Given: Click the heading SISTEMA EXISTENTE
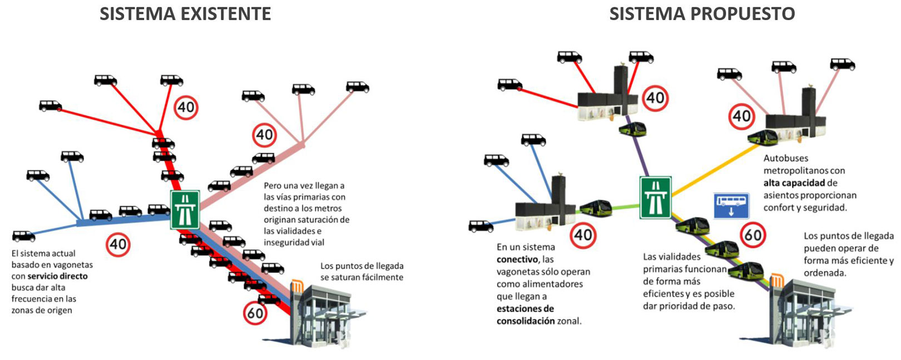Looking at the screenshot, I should (185, 13).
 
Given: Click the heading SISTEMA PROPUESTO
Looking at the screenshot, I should (702, 13).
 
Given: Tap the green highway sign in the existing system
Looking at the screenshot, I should (185, 209).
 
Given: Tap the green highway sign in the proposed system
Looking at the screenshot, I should (655, 198).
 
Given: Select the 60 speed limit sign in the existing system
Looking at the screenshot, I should (255, 313).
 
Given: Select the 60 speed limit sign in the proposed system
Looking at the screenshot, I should (753, 235).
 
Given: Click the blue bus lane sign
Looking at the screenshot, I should (731, 205).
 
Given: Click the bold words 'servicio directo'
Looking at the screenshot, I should (57, 276).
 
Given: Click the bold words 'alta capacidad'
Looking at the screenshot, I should (794, 183).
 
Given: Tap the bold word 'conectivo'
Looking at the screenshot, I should (517, 259).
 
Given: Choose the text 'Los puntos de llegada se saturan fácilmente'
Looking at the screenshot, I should (362, 272).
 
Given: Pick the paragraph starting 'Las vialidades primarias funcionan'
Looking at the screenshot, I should (689, 281).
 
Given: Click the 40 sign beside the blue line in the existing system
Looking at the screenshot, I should (118, 244).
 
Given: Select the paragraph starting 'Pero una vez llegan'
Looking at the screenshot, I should (306, 214).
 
